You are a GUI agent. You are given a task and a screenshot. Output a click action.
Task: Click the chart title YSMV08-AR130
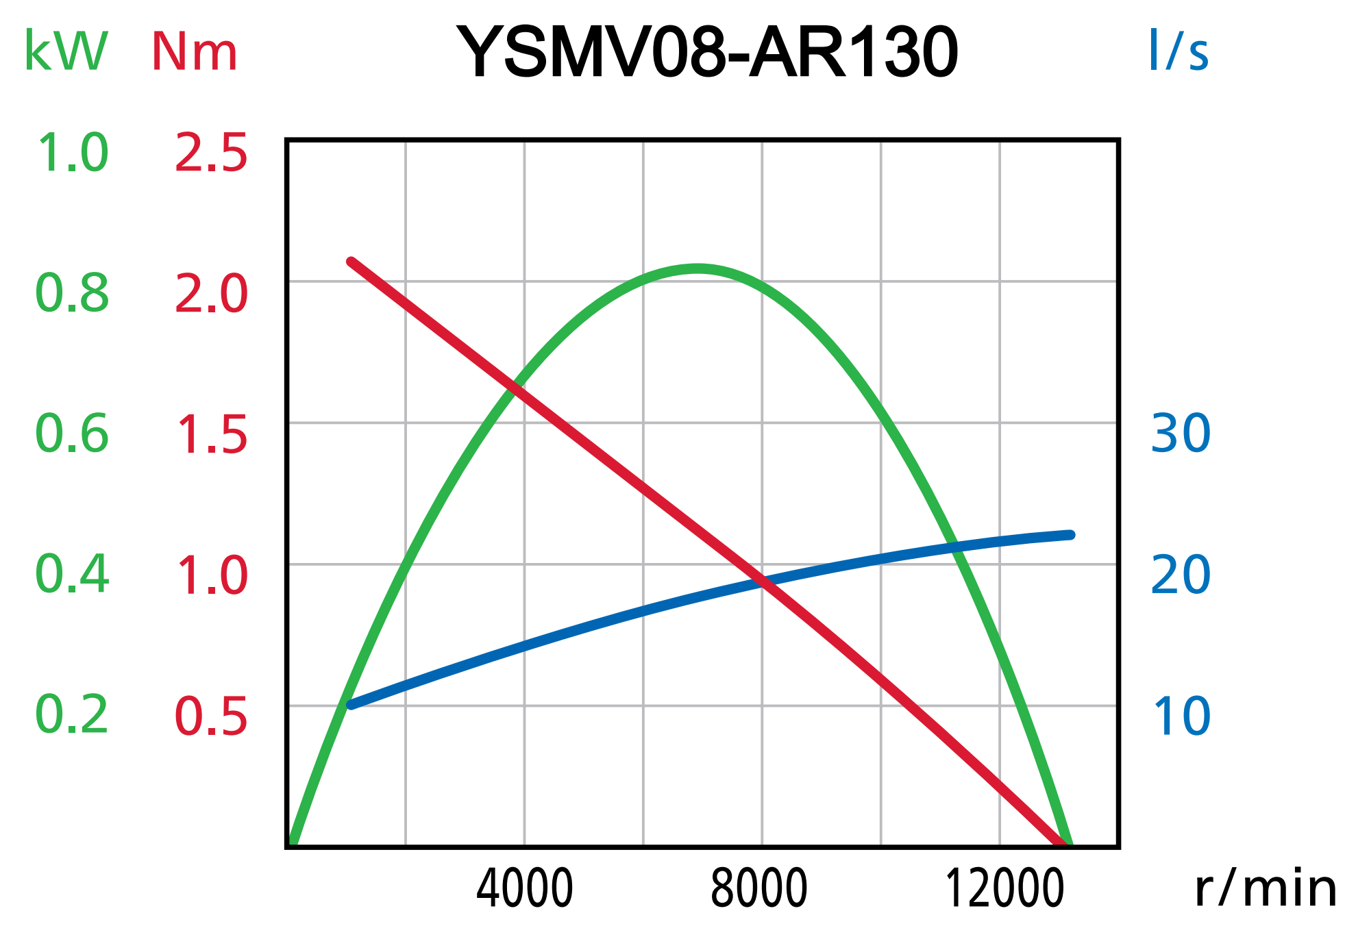tap(707, 52)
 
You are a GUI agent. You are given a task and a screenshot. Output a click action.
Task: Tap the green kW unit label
tap(66, 51)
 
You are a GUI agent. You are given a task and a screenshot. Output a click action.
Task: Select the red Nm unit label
tap(194, 51)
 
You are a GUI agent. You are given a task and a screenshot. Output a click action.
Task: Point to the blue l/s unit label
tap(1179, 51)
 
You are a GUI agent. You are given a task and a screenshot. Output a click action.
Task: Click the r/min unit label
tap(1265, 889)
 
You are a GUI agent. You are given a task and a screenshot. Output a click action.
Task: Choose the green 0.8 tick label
tap(72, 293)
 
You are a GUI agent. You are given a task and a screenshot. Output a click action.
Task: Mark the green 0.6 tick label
tap(72, 434)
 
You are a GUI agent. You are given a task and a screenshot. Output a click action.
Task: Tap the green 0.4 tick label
tap(72, 575)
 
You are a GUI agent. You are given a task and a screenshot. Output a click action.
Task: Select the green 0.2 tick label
tap(72, 715)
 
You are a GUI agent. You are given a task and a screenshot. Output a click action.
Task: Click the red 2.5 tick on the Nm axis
tap(211, 153)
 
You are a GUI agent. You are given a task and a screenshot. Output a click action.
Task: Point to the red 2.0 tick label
tap(211, 295)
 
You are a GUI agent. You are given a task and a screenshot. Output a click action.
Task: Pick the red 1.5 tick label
tap(211, 436)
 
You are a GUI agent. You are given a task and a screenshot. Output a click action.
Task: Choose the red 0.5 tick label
tap(211, 717)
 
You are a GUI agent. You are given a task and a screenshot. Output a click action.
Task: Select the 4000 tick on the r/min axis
tap(524, 889)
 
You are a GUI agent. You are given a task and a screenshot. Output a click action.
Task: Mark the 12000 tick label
tap(1004, 889)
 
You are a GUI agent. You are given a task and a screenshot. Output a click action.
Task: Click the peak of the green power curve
tap(697, 268)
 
